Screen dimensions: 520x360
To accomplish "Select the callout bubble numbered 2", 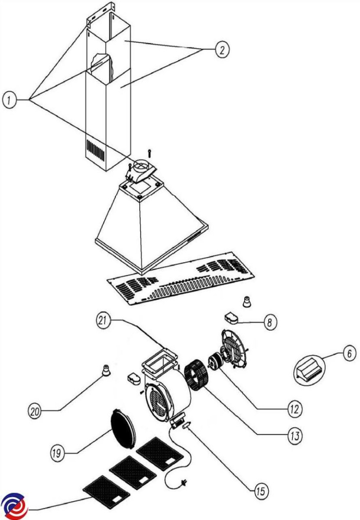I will (221, 49).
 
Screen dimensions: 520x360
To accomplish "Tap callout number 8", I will (269, 322).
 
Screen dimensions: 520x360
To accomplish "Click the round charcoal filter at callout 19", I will (121, 427).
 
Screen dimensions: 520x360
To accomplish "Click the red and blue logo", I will (14, 506).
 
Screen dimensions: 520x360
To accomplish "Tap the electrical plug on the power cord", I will (184, 482).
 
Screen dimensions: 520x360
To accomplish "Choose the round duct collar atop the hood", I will (141, 165).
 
